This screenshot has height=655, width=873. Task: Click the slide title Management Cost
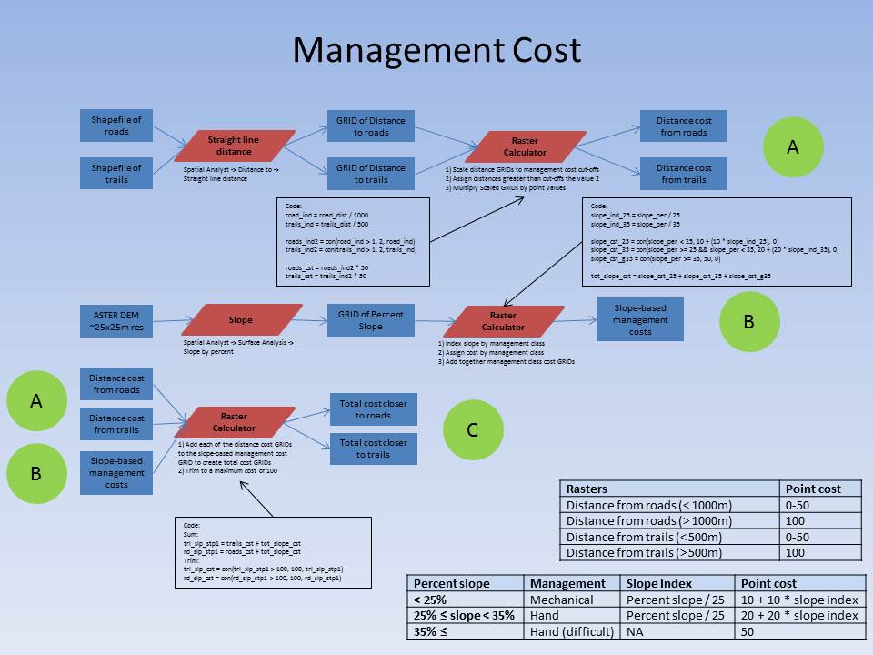(x=436, y=50)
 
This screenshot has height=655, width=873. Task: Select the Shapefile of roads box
(x=116, y=126)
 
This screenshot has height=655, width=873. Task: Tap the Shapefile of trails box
(x=116, y=174)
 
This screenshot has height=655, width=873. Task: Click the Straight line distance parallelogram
(x=235, y=146)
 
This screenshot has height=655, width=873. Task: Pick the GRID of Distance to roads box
(x=371, y=126)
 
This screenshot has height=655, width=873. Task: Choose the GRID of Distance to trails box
(x=371, y=174)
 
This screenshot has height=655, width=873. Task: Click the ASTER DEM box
(x=116, y=320)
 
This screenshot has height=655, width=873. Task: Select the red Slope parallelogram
(x=241, y=320)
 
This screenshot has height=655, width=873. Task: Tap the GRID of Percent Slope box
(x=371, y=320)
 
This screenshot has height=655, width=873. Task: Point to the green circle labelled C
(x=473, y=429)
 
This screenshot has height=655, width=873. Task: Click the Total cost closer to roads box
(x=373, y=409)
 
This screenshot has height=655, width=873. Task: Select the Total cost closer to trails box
(x=373, y=448)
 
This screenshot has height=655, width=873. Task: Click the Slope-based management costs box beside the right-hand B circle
(x=639, y=319)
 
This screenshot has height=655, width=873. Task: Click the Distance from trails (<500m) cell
(x=669, y=537)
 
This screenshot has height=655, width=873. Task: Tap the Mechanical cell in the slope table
(x=572, y=600)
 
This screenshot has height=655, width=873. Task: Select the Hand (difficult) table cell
(x=572, y=631)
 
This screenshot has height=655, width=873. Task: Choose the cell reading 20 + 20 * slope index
(x=799, y=616)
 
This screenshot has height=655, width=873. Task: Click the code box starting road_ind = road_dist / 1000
(x=352, y=242)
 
